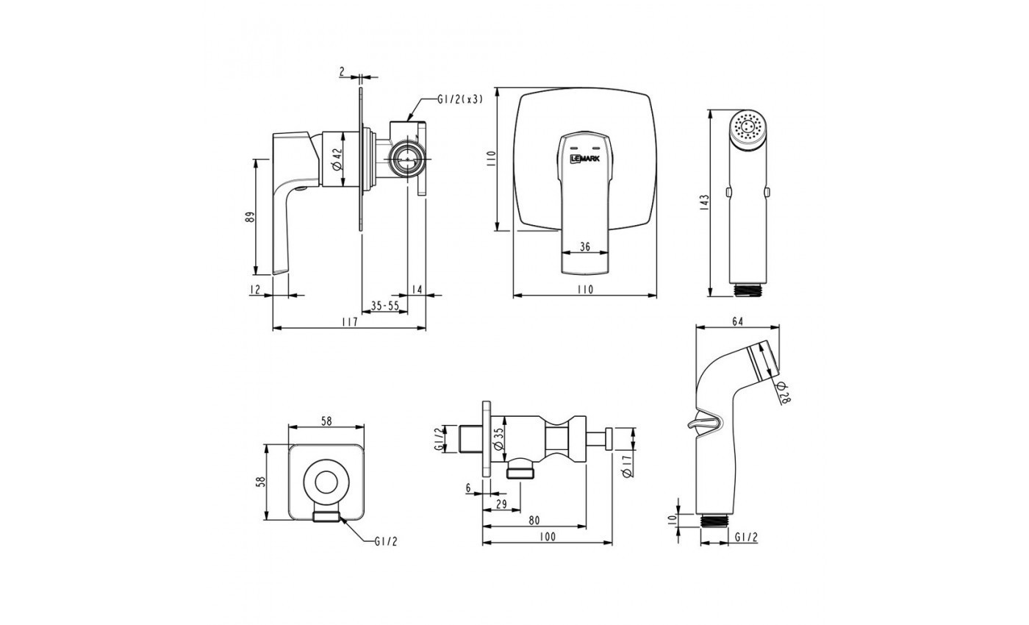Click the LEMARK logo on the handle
click(x=584, y=157)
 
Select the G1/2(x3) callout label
click(x=461, y=100)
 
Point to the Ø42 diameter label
click(x=337, y=159)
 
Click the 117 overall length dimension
click(x=349, y=322)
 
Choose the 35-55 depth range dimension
click(x=384, y=305)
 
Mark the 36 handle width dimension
click(x=585, y=247)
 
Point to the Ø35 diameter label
click(x=498, y=439)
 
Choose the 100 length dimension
click(x=546, y=537)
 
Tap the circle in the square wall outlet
click(x=327, y=482)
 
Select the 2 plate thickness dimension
click(x=343, y=71)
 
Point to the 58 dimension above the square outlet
click(x=327, y=421)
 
